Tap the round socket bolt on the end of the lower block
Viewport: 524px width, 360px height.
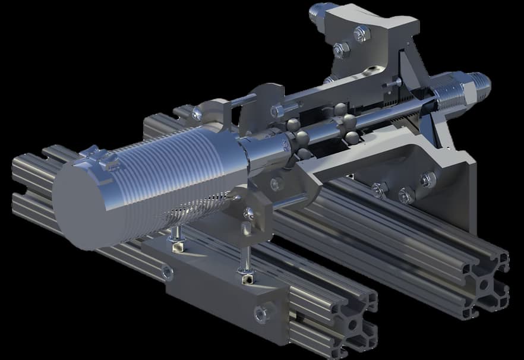(x=261, y=312)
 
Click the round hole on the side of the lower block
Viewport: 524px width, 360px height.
(x=168, y=272)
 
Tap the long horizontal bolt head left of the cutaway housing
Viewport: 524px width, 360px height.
(x=278, y=110)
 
